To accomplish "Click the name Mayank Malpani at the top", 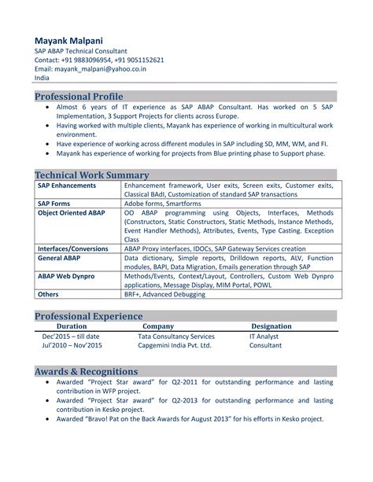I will click(x=68, y=40).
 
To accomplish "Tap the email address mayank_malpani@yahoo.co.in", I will click(x=102, y=68).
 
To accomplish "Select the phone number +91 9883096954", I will click(x=87, y=59).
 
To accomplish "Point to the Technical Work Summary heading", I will click(x=92, y=174).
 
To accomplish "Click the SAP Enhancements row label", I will click(x=67, y=186).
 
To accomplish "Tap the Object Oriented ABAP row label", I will click(x=71, y=212).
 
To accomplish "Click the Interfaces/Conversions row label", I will click(x=73, y=248).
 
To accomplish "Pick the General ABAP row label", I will click(x=61, y=257).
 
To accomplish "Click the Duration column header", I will click(x=72, y=326).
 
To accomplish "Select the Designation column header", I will click(x=271, y=326).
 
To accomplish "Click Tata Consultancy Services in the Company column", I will click(x=178, y=336).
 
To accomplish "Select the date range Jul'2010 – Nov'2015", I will click(x=72, y=345).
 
